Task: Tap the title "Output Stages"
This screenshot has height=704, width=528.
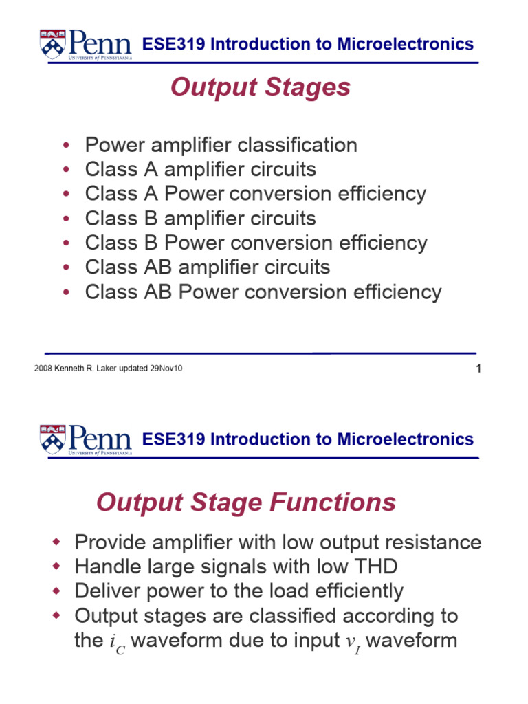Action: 260,87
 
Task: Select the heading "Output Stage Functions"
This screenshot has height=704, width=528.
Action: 246,503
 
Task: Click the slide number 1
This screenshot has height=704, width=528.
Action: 478,369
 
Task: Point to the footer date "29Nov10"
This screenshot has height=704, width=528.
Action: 166,368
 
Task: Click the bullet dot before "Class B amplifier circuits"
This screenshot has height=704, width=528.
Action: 65,219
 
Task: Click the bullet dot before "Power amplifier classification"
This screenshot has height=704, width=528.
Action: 65,146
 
